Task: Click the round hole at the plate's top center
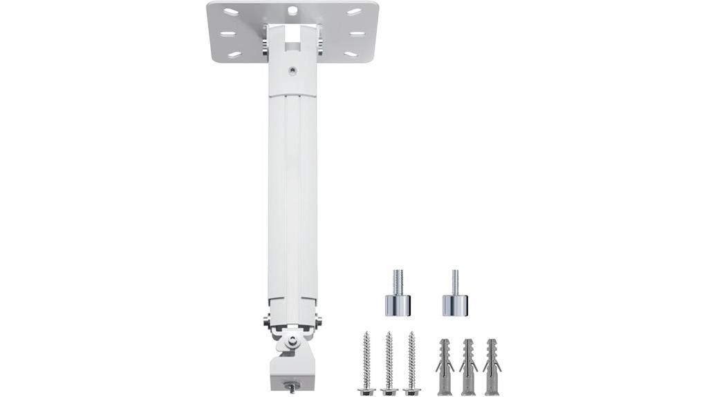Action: click(293, 10)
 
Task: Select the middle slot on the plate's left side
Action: click(229, 33)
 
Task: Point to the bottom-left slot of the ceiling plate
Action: click(234, 54)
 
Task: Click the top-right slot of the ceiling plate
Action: click(354, 12)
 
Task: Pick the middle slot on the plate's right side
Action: click(357, 33)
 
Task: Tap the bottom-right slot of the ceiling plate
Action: click(352, 54)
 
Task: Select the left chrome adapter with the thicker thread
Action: click(398, 297)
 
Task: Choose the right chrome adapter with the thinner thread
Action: click(455, 297)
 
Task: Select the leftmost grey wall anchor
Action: click(445, 366)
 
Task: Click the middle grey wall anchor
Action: click(468, 366)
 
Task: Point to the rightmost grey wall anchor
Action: click(492, 366)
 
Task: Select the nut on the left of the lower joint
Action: click(267, 320)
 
